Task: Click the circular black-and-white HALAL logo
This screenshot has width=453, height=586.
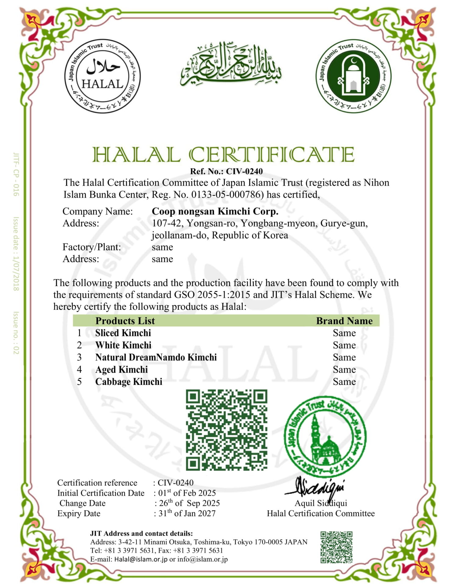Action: [102, 76]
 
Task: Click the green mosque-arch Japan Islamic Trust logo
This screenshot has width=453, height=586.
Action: [353, 76]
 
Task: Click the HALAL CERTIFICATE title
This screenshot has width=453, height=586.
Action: [223, 154]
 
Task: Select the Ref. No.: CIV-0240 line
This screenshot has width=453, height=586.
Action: [226, 171]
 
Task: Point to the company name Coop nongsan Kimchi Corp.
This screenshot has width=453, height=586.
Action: [215, 211]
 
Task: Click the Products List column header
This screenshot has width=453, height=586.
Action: [125, 321]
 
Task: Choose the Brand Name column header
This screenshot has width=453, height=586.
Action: [344, 321]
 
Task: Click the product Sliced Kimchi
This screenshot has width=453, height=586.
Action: [123, 333]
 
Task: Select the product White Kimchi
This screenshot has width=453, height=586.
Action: [123, 345]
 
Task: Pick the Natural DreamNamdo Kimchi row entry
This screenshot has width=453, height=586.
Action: [156, 357]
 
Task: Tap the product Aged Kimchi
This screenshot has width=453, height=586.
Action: [121, 370]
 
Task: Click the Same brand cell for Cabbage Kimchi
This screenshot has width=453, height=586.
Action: [344, 382]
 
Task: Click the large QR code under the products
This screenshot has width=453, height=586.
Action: [227, 430]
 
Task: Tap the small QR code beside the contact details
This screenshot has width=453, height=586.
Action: [336, 547]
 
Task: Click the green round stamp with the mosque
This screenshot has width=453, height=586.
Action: [325, 437]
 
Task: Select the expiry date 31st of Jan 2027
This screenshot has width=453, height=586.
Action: [187, 513]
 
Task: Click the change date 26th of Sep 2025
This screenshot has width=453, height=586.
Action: [189, 503]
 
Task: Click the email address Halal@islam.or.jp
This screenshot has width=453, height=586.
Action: [141, 559]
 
